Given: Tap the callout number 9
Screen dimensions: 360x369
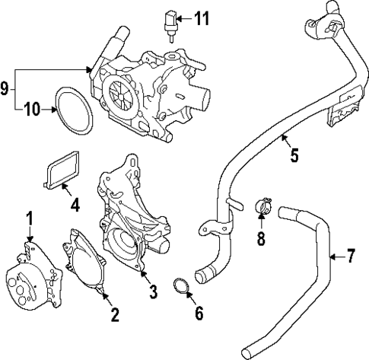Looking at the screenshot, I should click(x=7, y=89).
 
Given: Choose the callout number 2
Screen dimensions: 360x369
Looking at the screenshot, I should click(x=114, y=314).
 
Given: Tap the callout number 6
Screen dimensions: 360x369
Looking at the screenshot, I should click(x=200, y=312).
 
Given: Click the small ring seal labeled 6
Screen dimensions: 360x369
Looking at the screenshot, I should click(x=180, y=288).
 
